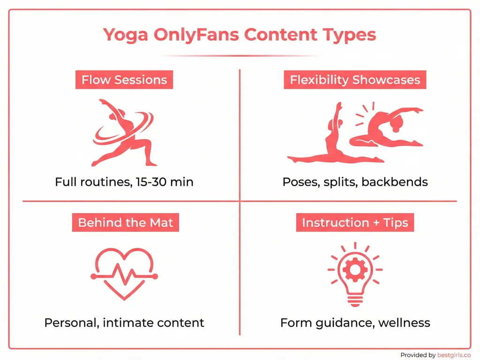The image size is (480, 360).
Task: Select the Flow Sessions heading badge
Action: click(x=124, y=80)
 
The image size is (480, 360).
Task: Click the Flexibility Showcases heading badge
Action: click(x=355, y=80)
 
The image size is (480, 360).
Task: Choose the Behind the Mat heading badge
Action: click(x=126, y=222)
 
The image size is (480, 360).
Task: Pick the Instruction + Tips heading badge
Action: click(x=355, y=222)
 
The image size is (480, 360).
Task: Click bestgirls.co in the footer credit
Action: click(x=453, y=355)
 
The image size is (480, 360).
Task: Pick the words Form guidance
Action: click(x=325, y=322)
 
